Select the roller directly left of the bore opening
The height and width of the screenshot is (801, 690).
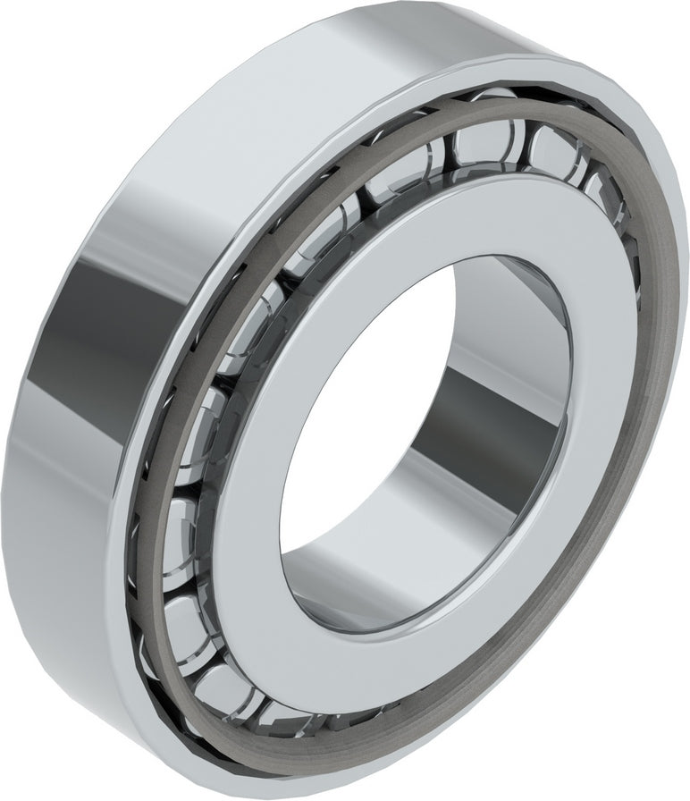[192, 420]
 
